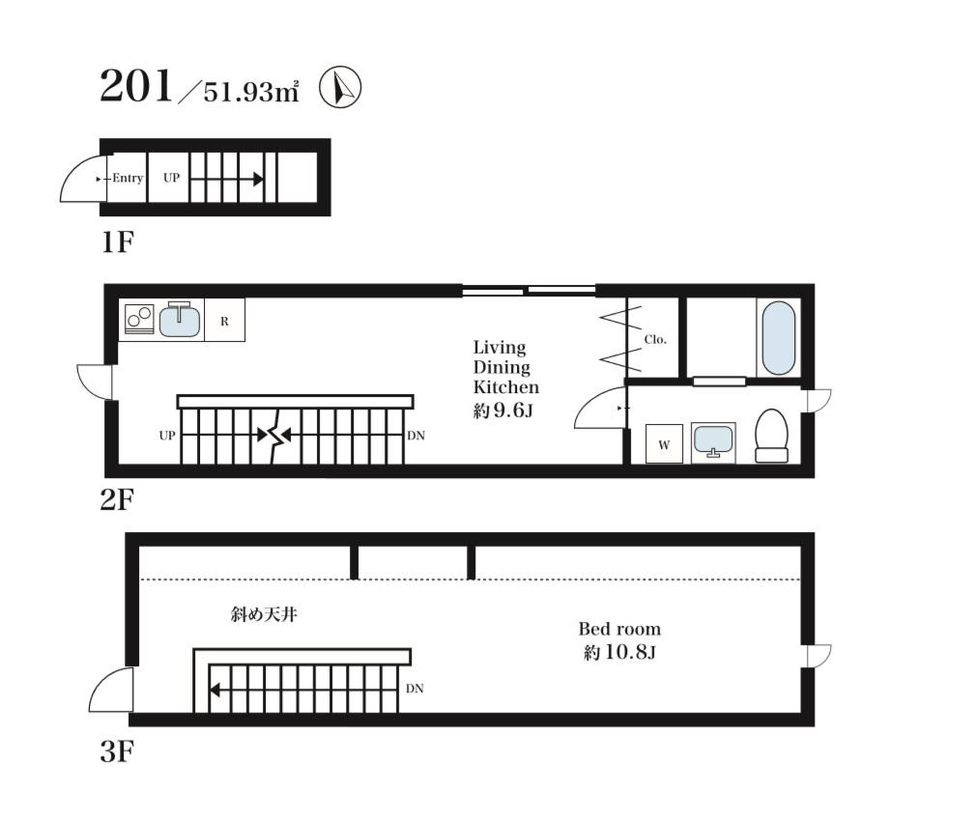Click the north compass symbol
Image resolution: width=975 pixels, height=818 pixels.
click(340, 88)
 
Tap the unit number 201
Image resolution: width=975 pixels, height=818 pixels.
click(136, 86)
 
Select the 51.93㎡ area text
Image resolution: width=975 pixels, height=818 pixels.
click(251, 92)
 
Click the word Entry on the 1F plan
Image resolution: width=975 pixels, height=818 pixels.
click(128, 179)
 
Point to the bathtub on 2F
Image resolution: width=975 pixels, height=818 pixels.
click(778, 338)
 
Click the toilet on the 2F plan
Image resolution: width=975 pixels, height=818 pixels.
click(771, 436)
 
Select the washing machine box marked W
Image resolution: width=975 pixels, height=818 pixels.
click(664, 444)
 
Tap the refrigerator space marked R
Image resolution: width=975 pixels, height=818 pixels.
click(224, 321)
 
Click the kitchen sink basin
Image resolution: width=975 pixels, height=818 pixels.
click(180, 321)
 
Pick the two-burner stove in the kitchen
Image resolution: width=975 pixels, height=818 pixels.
click(140, 320)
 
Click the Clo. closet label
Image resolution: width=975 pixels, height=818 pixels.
click(655, 339)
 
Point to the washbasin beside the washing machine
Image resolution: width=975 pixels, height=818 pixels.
click(713, 442)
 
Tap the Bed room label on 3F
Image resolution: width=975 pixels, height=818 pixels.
click(619, 629)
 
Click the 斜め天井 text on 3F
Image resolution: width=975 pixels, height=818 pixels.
click(264, 615)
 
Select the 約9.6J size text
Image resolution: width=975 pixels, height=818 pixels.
click(503, 410)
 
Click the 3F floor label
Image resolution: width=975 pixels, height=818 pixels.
click(117, 752)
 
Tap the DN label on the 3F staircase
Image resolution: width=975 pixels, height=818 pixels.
click(415, 689)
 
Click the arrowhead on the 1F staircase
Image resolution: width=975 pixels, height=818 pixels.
click(258, 180)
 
